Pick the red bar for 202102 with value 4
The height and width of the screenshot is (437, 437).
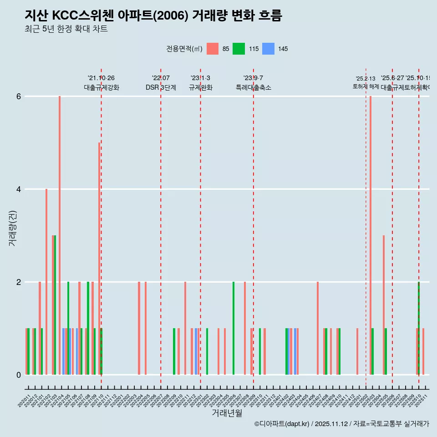pyautogui.click(x=46, y=282)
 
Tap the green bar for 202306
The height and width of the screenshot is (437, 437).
pyautogui.click(x=234, y=328)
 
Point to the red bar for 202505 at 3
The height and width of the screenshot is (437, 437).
pyautogui.click(x=384, y=305)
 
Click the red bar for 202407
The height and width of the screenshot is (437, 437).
pyautogui.click(x=318, y=328)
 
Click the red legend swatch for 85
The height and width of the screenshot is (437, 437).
pyautogui.click(x=213, y=49)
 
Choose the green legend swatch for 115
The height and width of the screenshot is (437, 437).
pyautogui.click(x=239, y=49)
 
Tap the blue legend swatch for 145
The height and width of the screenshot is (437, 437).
pyautogui.click(x=269, y=49)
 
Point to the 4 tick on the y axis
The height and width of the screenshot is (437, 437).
pyautogui.click(x=19, y=189)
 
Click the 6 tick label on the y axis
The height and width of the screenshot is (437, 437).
pyautogui.click(x=19, y=97)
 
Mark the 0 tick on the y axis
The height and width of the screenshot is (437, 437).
pyautogui.click(x=19, y=375)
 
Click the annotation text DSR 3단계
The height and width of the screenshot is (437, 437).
pyautogui.click(x=161, y=87)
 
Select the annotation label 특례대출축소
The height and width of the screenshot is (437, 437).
pyautogui.click(x=254, y=87)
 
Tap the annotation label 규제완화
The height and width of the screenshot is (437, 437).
pyautogui.click(x=201, y=87)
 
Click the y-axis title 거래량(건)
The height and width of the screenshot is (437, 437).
pyautogui.click(x=12, y=228)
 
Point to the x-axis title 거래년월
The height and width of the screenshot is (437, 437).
pyautogui.click(x=227, y=413)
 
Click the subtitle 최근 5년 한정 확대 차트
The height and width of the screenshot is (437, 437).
pyautogui.click(x=66, y=29)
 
